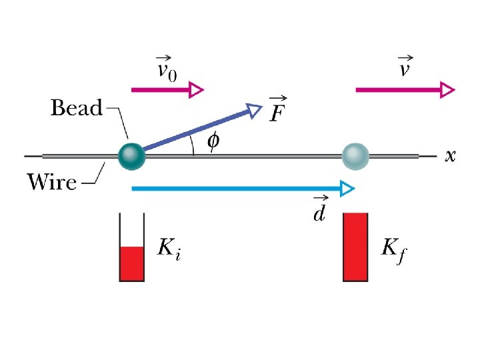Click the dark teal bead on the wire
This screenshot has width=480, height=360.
(x=131, y=155)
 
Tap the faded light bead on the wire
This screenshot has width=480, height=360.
(x=355, y=155)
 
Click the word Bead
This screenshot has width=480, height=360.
(x=77, y=108)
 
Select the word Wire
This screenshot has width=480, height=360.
(x=51, y=181)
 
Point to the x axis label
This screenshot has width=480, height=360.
(x=451, y=156)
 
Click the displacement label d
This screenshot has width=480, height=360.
(x=320, y=212)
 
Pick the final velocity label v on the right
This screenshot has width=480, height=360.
(x=404, y=67)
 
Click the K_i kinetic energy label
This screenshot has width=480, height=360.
(x=168, y=249)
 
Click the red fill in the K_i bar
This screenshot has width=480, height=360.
(x=131, y=264)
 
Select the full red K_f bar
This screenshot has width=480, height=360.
(x=355, y=247)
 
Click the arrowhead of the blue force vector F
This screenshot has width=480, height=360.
(x=254, y=110)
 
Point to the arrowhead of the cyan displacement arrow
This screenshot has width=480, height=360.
(x=346, y=189)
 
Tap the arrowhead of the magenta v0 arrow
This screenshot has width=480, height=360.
(x=196, y=89)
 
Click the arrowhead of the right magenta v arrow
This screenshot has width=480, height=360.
(x=447, y=89)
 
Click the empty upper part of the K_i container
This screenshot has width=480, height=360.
(x=131, y=230)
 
